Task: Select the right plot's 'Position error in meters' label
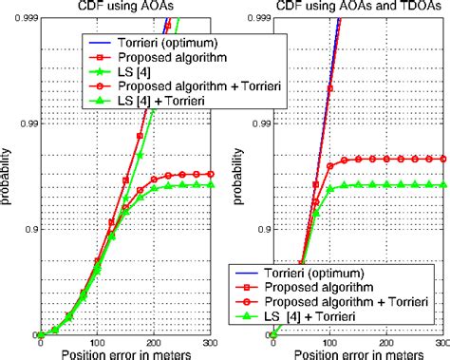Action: tap(351, 353)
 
